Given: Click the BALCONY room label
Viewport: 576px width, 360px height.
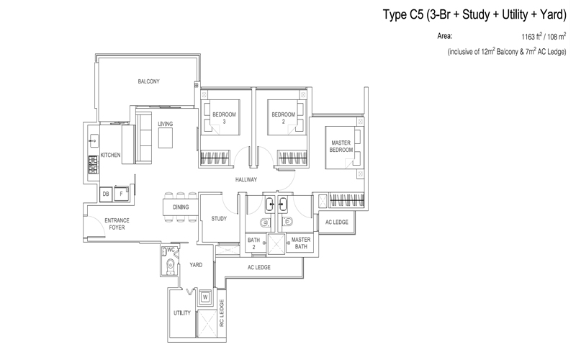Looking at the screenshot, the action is (x=148, y=81).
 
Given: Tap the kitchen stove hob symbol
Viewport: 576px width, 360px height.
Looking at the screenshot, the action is (x=94, y=165).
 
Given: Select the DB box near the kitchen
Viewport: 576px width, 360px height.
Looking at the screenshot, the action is (x=106, y=194).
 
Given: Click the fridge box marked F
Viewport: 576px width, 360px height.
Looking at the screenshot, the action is (x=121, y=194).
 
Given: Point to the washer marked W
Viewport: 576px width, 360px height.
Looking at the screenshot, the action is (x=205, y=297).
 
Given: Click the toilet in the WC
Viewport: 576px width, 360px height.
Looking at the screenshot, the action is (x=170, y=266).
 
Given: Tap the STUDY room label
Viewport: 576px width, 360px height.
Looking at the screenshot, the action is (x=219, y=219).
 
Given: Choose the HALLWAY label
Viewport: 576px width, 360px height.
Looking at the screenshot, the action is (x=246, y=179).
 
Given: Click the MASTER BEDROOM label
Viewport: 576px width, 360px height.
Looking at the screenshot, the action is (x=341, y=146).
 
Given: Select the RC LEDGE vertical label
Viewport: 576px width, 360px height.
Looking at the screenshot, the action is (x=222, y=312).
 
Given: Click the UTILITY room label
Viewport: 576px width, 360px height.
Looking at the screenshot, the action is (x=182, y=313).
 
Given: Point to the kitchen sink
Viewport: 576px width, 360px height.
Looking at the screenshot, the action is (x=94, y=140).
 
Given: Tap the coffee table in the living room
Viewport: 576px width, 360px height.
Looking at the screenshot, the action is (x=166, y=138).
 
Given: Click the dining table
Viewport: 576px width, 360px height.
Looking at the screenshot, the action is (x=181, y=207).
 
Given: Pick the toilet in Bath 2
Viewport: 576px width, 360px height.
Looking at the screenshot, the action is (x=265, y=222).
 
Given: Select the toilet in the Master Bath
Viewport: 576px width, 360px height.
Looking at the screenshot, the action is (x=287, y=222).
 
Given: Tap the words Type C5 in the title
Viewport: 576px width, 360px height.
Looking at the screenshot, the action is (x=402, y=14).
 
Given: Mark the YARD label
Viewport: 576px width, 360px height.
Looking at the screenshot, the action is (x=196, y=265).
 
